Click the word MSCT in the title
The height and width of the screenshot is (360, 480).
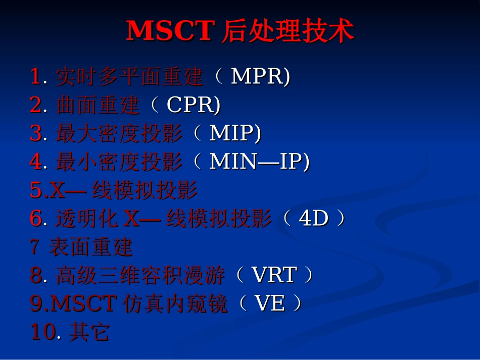pyautogui.click(x=171, y=31)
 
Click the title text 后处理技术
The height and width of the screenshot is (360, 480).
pyautogui.click(x=287, y=31)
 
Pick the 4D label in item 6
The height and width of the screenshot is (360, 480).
pyautogui.click(x=314, y=219)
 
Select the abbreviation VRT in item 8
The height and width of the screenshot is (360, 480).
pyautogui.click(x=273, y=275)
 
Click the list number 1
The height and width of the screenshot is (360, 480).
pyautogui.click(x=35, y=77)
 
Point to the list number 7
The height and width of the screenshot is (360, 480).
pyautogui.click(x=34, y=247)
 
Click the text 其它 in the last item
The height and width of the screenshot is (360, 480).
pyautogui.click(x=89, y=332)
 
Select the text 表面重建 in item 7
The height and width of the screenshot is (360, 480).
pyautogui.click(x=90, y=247)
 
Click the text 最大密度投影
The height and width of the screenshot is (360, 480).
pyautogui.click(x=119, y=133)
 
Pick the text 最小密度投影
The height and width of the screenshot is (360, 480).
pyautogui.click(x=119, y=162)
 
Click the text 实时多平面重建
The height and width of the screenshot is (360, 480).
pyautogui.click(x=129, y=77)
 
